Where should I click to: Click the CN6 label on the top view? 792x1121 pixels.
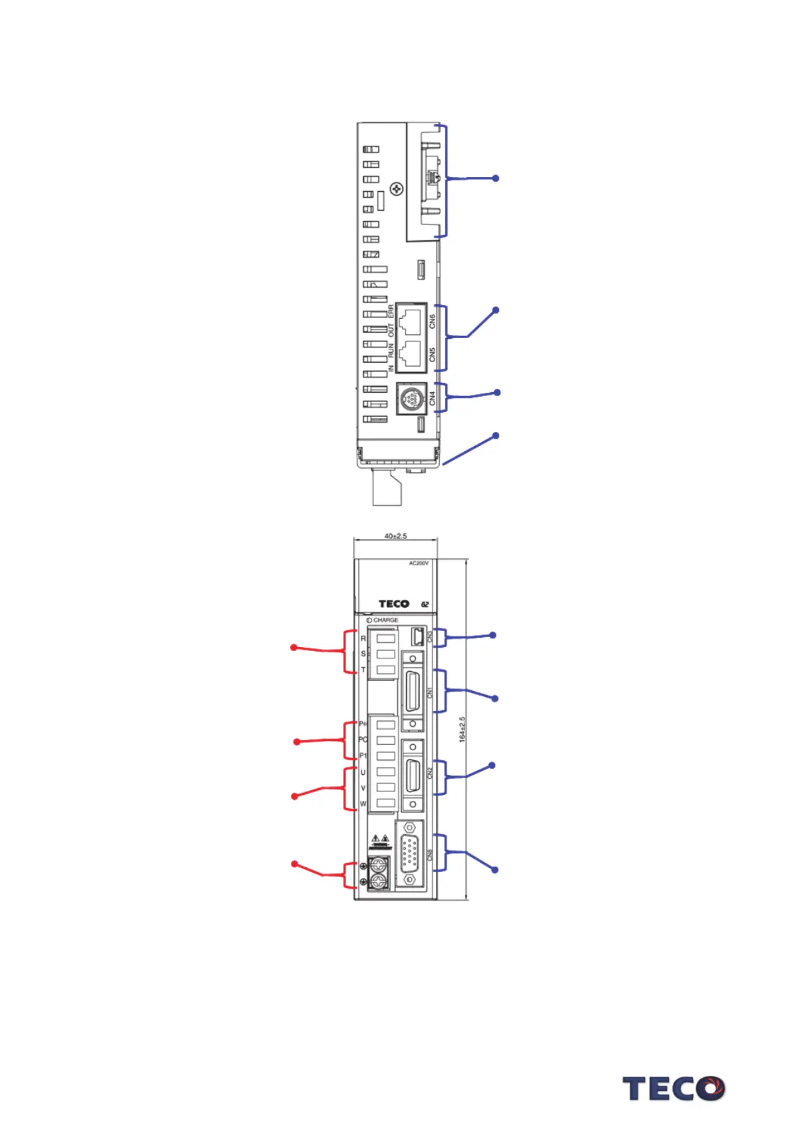432,322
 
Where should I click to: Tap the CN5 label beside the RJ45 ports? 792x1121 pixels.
432,355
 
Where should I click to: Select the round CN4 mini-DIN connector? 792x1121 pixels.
411,399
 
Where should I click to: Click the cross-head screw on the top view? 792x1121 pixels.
396,189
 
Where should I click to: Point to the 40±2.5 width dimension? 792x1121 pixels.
395,536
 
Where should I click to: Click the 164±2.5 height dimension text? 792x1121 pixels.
462,729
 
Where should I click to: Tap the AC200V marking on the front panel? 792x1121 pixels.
419,563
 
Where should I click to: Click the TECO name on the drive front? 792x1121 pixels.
394,604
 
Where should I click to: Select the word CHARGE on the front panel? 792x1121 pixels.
385,620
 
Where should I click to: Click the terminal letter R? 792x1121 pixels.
363,638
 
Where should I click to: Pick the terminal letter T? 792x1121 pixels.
363,670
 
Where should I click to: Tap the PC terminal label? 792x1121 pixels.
363,740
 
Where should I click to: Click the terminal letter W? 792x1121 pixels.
363,803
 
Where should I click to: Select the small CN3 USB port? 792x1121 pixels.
417,637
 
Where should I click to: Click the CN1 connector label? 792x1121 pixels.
430,692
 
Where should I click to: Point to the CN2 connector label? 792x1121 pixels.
430,773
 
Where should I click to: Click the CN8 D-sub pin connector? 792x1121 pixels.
409,854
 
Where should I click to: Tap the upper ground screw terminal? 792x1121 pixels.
379,865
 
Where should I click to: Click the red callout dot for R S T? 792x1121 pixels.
294,647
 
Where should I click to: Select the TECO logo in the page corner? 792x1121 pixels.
673,1088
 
